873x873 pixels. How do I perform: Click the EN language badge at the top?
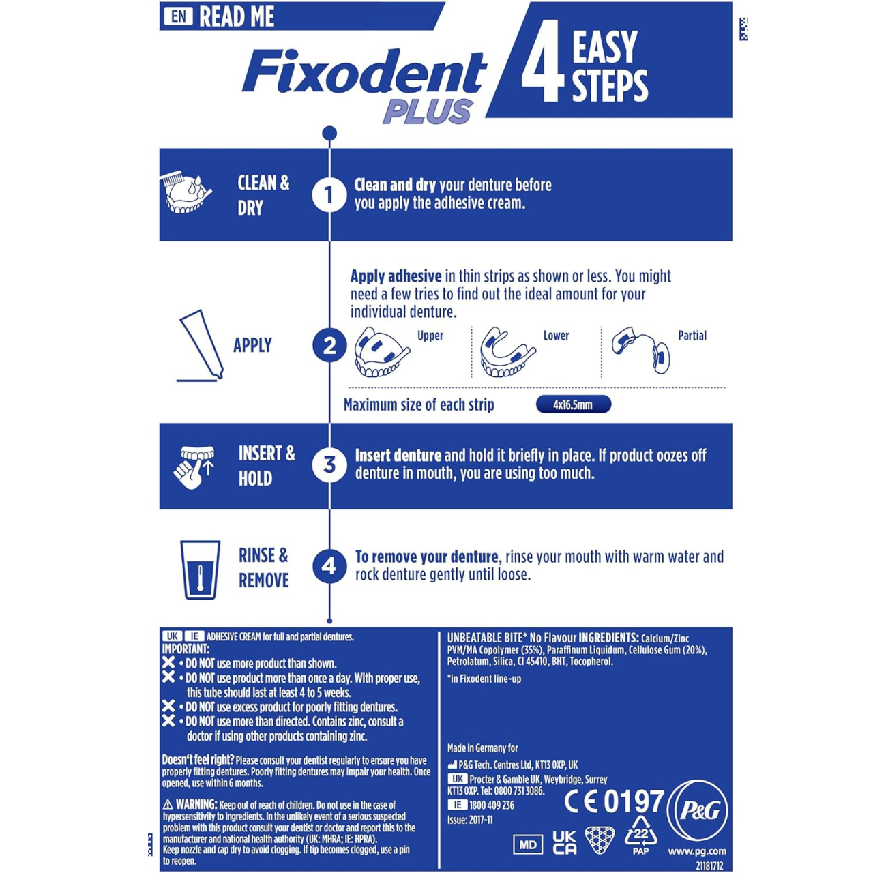(x=178, y=16)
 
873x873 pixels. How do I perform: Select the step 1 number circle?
(x=329, y=194)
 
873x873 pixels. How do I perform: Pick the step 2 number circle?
(x=329, y=345)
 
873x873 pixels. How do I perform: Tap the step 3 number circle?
(x=329, y=465)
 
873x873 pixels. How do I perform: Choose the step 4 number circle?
(x=329, y=566)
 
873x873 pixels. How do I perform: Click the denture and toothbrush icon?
(x=186, y=194)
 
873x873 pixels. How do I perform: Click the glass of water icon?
(x=200, y=570)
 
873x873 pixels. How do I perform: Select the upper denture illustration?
(x=381, y=353)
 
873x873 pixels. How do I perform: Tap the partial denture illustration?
(x=640, y=350)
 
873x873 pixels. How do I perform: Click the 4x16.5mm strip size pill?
(x=573, y=404)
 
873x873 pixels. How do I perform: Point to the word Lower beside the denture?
(x=556, y=336)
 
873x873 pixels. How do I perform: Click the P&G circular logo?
(x=698, y=810)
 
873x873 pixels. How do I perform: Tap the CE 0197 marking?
(x=614, y=801)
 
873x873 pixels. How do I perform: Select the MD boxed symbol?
(x=528, y=844)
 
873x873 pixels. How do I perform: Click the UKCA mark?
(x=564, y=842)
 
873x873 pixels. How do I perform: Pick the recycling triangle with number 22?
(x=640, y=833)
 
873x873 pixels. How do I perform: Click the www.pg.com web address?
(x=697, y=851)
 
